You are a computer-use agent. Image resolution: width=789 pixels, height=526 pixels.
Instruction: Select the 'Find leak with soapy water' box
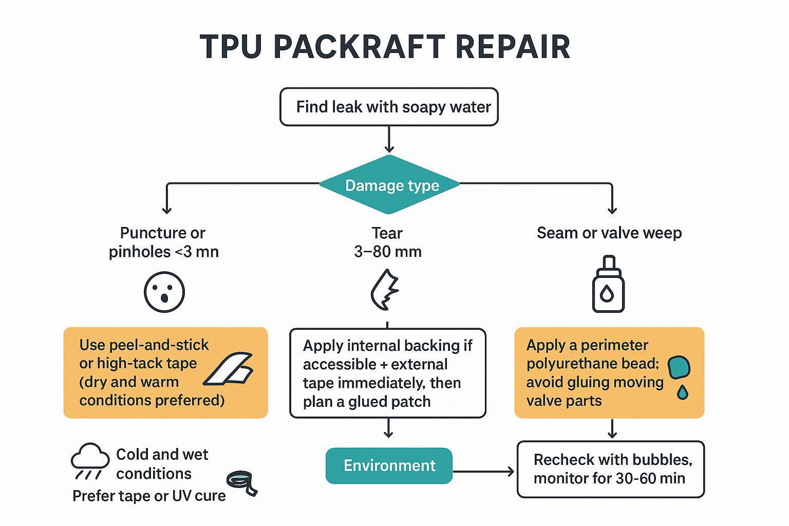point(389,107)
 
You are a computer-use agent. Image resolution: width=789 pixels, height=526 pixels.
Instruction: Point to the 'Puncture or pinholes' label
point(163,242)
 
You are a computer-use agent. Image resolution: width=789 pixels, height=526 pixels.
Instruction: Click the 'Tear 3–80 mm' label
point(387,242)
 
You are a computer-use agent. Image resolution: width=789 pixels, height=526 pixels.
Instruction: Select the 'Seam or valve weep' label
point(609,233)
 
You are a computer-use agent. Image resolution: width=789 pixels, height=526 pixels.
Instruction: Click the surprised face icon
point(164,292)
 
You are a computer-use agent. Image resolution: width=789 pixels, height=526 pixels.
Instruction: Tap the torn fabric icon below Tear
point(385,289)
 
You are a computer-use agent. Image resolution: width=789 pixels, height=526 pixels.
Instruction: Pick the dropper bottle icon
point(608,285)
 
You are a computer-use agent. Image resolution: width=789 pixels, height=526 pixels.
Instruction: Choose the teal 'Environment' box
point(389,466)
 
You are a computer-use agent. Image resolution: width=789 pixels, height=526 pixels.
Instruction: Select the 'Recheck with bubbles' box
point(610,469)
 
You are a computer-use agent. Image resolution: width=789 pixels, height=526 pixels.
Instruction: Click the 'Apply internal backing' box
point(387,373)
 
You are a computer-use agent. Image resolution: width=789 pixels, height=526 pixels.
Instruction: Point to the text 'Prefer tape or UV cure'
point(149,496)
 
